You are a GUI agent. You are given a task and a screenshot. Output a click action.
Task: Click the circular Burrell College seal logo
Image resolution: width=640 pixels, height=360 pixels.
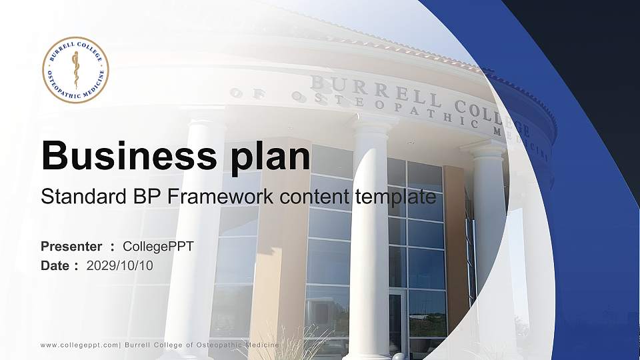75,70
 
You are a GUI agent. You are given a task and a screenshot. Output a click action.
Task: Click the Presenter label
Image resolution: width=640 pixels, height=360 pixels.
71,247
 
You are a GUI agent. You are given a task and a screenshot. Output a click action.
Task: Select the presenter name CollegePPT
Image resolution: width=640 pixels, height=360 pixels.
158,247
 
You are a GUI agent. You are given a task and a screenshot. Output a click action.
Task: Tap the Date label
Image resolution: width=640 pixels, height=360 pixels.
55,266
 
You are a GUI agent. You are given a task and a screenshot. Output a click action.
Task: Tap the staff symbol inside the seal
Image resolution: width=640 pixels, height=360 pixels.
75,69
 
